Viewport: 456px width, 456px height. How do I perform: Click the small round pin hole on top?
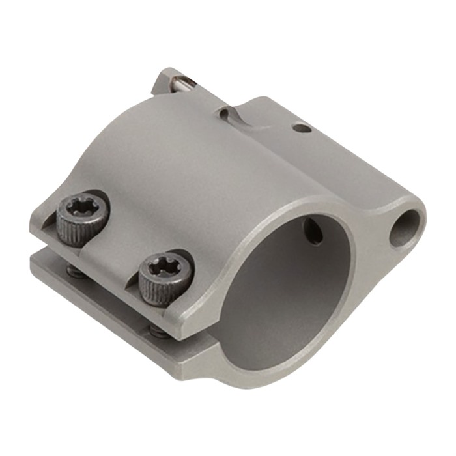(300, 128)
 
